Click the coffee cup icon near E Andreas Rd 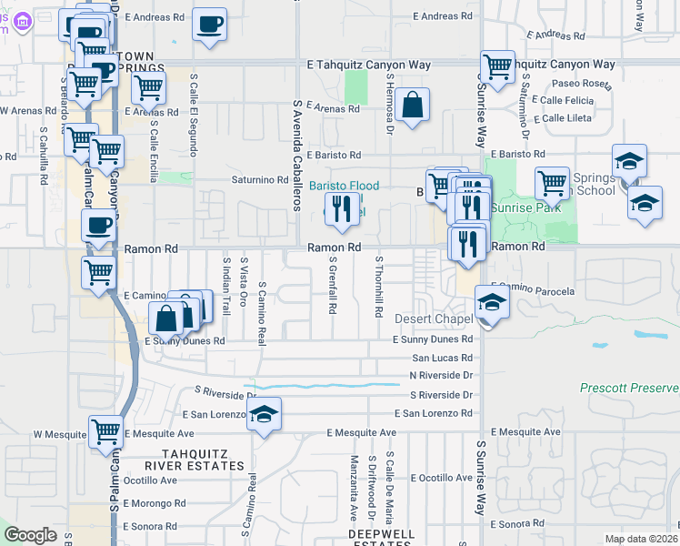click(x=209, y=24)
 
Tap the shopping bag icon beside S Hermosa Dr click(x=412, y=105)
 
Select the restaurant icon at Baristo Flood click(x=342, y=209)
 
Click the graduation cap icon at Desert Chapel click(x=491, y=302)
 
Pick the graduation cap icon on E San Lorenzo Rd click(x=264, y=414)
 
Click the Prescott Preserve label click(x=629, y=389)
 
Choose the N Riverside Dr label click(x=442, y=375)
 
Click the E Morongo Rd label click(x=155, y=502)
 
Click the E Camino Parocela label click(x=536, y=291)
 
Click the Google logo click(x=30, y=535)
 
